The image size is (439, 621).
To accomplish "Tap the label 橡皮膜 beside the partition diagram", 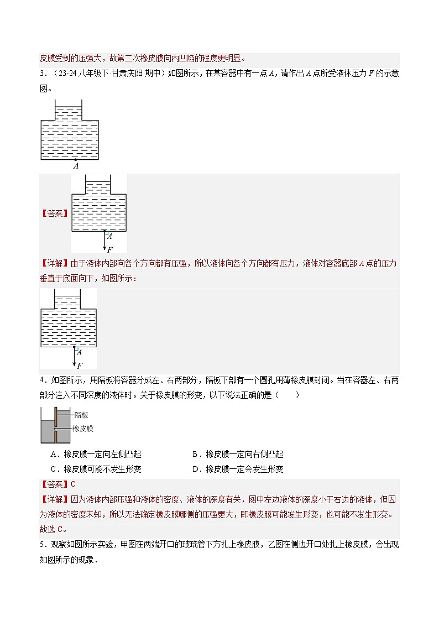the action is point(83,429).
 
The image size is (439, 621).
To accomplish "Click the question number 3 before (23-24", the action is point(42,74).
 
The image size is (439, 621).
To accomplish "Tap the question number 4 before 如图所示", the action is point(42,380).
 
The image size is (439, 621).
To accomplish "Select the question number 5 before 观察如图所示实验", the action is point(42,544).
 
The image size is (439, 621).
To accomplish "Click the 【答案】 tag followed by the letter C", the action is point(55,484).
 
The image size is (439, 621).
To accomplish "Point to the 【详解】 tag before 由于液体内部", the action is point(55,264).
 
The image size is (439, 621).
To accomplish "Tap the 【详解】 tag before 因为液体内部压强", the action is point(55,499).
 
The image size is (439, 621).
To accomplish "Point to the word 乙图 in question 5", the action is point(263,544).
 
